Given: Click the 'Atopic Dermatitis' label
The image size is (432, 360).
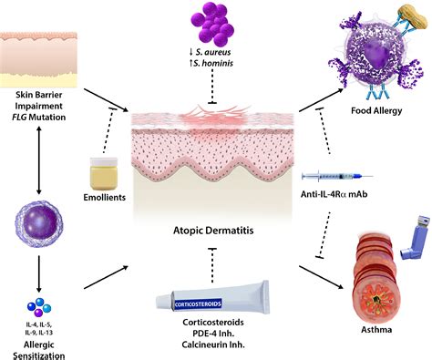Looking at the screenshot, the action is (x=213, y=231).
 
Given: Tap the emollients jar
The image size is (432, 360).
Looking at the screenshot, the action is (x=104, y=173).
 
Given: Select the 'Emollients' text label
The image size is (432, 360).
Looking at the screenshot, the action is (x=105, y=197).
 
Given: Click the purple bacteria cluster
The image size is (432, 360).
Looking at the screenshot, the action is (x=212, y=24).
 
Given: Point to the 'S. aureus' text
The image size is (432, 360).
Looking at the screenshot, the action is (x=213, y=52).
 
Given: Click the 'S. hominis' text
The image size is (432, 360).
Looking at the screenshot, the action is (x=213, y=63).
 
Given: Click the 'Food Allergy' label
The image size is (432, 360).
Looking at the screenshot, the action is (x=376, y=110).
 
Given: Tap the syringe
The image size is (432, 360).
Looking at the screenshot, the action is (x=337, y=176).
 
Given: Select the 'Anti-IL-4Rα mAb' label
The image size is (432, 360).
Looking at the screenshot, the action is (x=334, y=194).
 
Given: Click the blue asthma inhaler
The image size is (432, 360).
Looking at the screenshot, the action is (x=415, y=237).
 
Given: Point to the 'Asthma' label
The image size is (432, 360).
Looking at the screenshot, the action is (x=376, y=329).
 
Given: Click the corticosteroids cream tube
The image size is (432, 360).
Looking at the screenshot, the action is (x=212, y=298).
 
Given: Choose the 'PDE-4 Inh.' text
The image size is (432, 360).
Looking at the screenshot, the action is (x=213, y=334).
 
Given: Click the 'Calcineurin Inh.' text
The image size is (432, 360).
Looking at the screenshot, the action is (x=213, y=345).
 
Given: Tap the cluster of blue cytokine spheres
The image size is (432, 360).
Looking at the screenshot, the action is (x=39, y=307).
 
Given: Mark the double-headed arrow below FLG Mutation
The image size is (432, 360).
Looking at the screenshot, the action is (x=39, y=160).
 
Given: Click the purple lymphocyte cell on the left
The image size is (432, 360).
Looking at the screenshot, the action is (x=38, y=224).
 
